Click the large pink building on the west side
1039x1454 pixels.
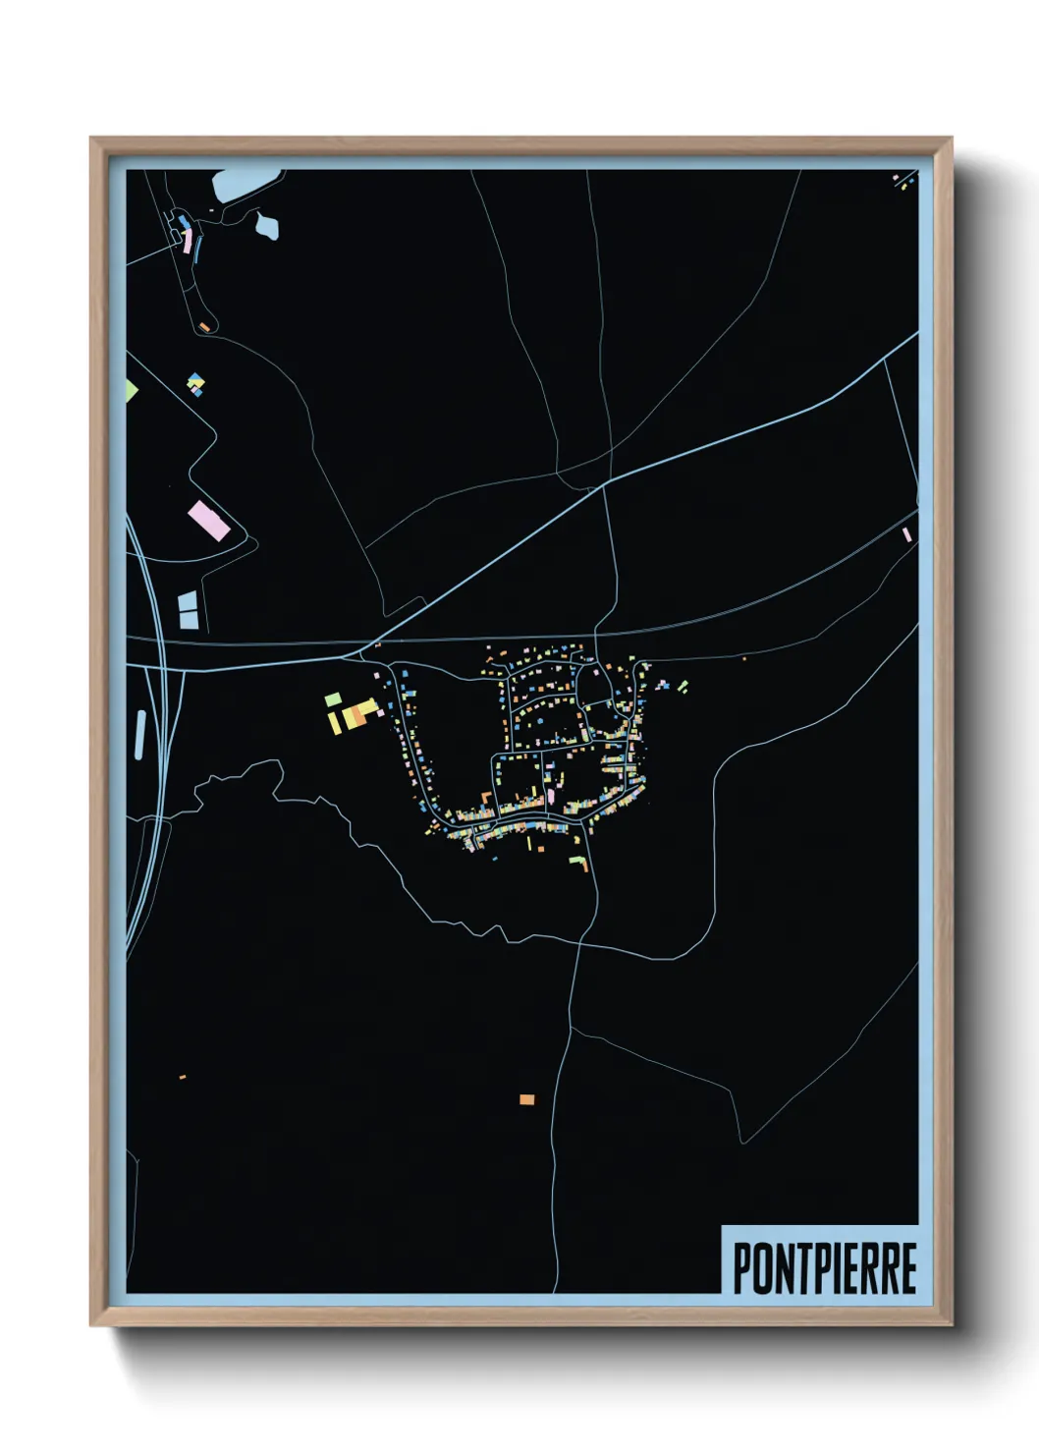(x=209, y=520)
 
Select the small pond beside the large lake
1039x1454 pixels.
(x=267, y=226)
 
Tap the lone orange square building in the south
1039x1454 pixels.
(x=527, y=1098)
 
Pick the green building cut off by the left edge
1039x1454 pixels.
(x=132, y=390)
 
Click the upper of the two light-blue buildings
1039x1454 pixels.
(x=187, y=600)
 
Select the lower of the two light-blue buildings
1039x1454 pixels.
(x=188, y=619)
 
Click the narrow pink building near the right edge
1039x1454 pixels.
(x=906, y=534)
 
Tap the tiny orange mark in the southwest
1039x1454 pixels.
(x=183, y=1078)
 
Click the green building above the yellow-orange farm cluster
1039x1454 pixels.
(x=333, y=699)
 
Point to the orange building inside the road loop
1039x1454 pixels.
(x=202, y=326)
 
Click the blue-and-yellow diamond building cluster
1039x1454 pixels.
(x=195, y=383)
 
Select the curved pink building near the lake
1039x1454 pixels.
(x=187, y=240)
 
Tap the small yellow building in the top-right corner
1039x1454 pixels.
(x=904, y=182)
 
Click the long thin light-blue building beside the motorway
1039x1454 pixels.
(x=139, y=734)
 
